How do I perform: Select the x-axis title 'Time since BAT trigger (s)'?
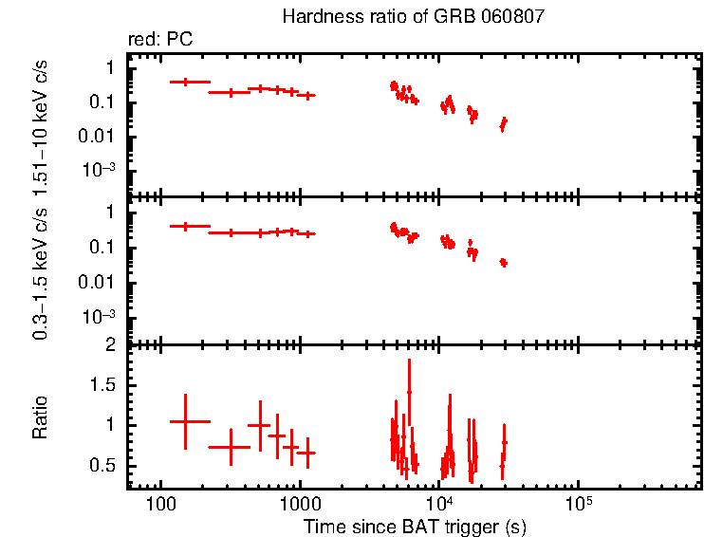pyautogui.click(x=415, y=526)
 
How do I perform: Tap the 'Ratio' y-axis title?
pyautogui.click(x=40, y=417)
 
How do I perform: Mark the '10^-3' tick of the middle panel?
pyautogui.click(x=101, y=316)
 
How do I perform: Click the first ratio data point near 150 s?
pyautogui.click(x=185, y=421)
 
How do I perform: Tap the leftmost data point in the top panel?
pyautogui.click(x=185, y=83)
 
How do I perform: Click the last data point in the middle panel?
pyautogui.click(x=504, y=262)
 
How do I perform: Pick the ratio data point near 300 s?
pyautogui.click(x=230, y=447)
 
